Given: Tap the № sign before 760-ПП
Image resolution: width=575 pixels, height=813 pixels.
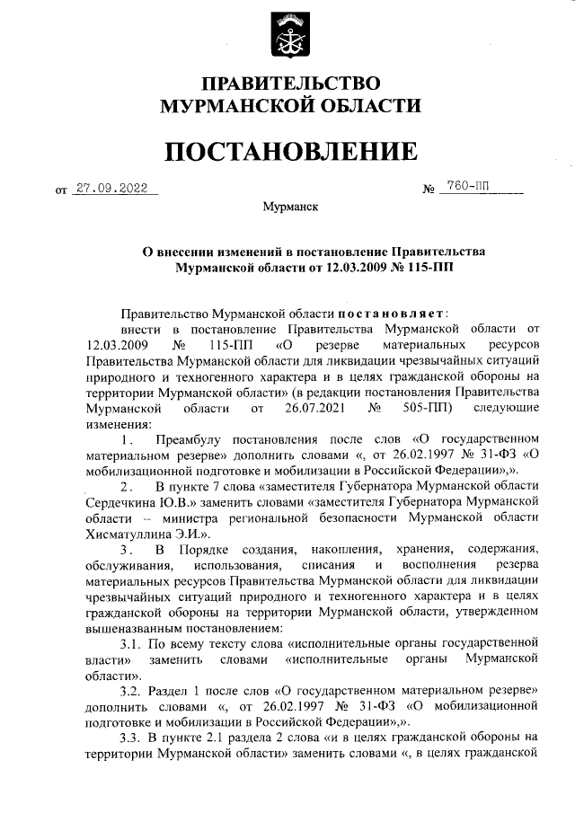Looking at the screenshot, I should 429,190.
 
